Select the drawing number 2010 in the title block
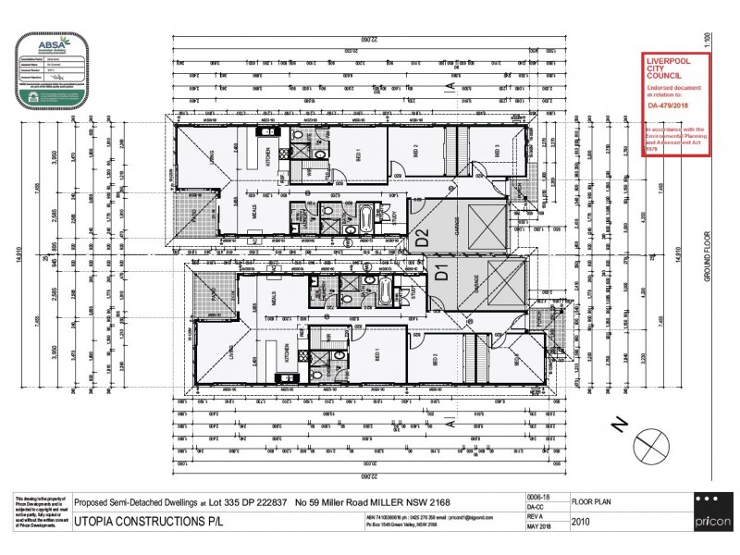click(x=583, y=522)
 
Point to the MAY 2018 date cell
click(x=539, y=527)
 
